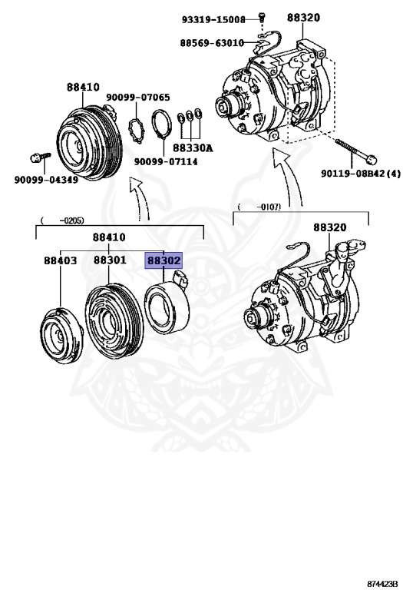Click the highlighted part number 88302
164,261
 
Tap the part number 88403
60,261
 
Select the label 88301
110,261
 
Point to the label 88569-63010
212,43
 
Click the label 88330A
193,147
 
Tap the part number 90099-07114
166,161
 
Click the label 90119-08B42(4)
361,173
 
